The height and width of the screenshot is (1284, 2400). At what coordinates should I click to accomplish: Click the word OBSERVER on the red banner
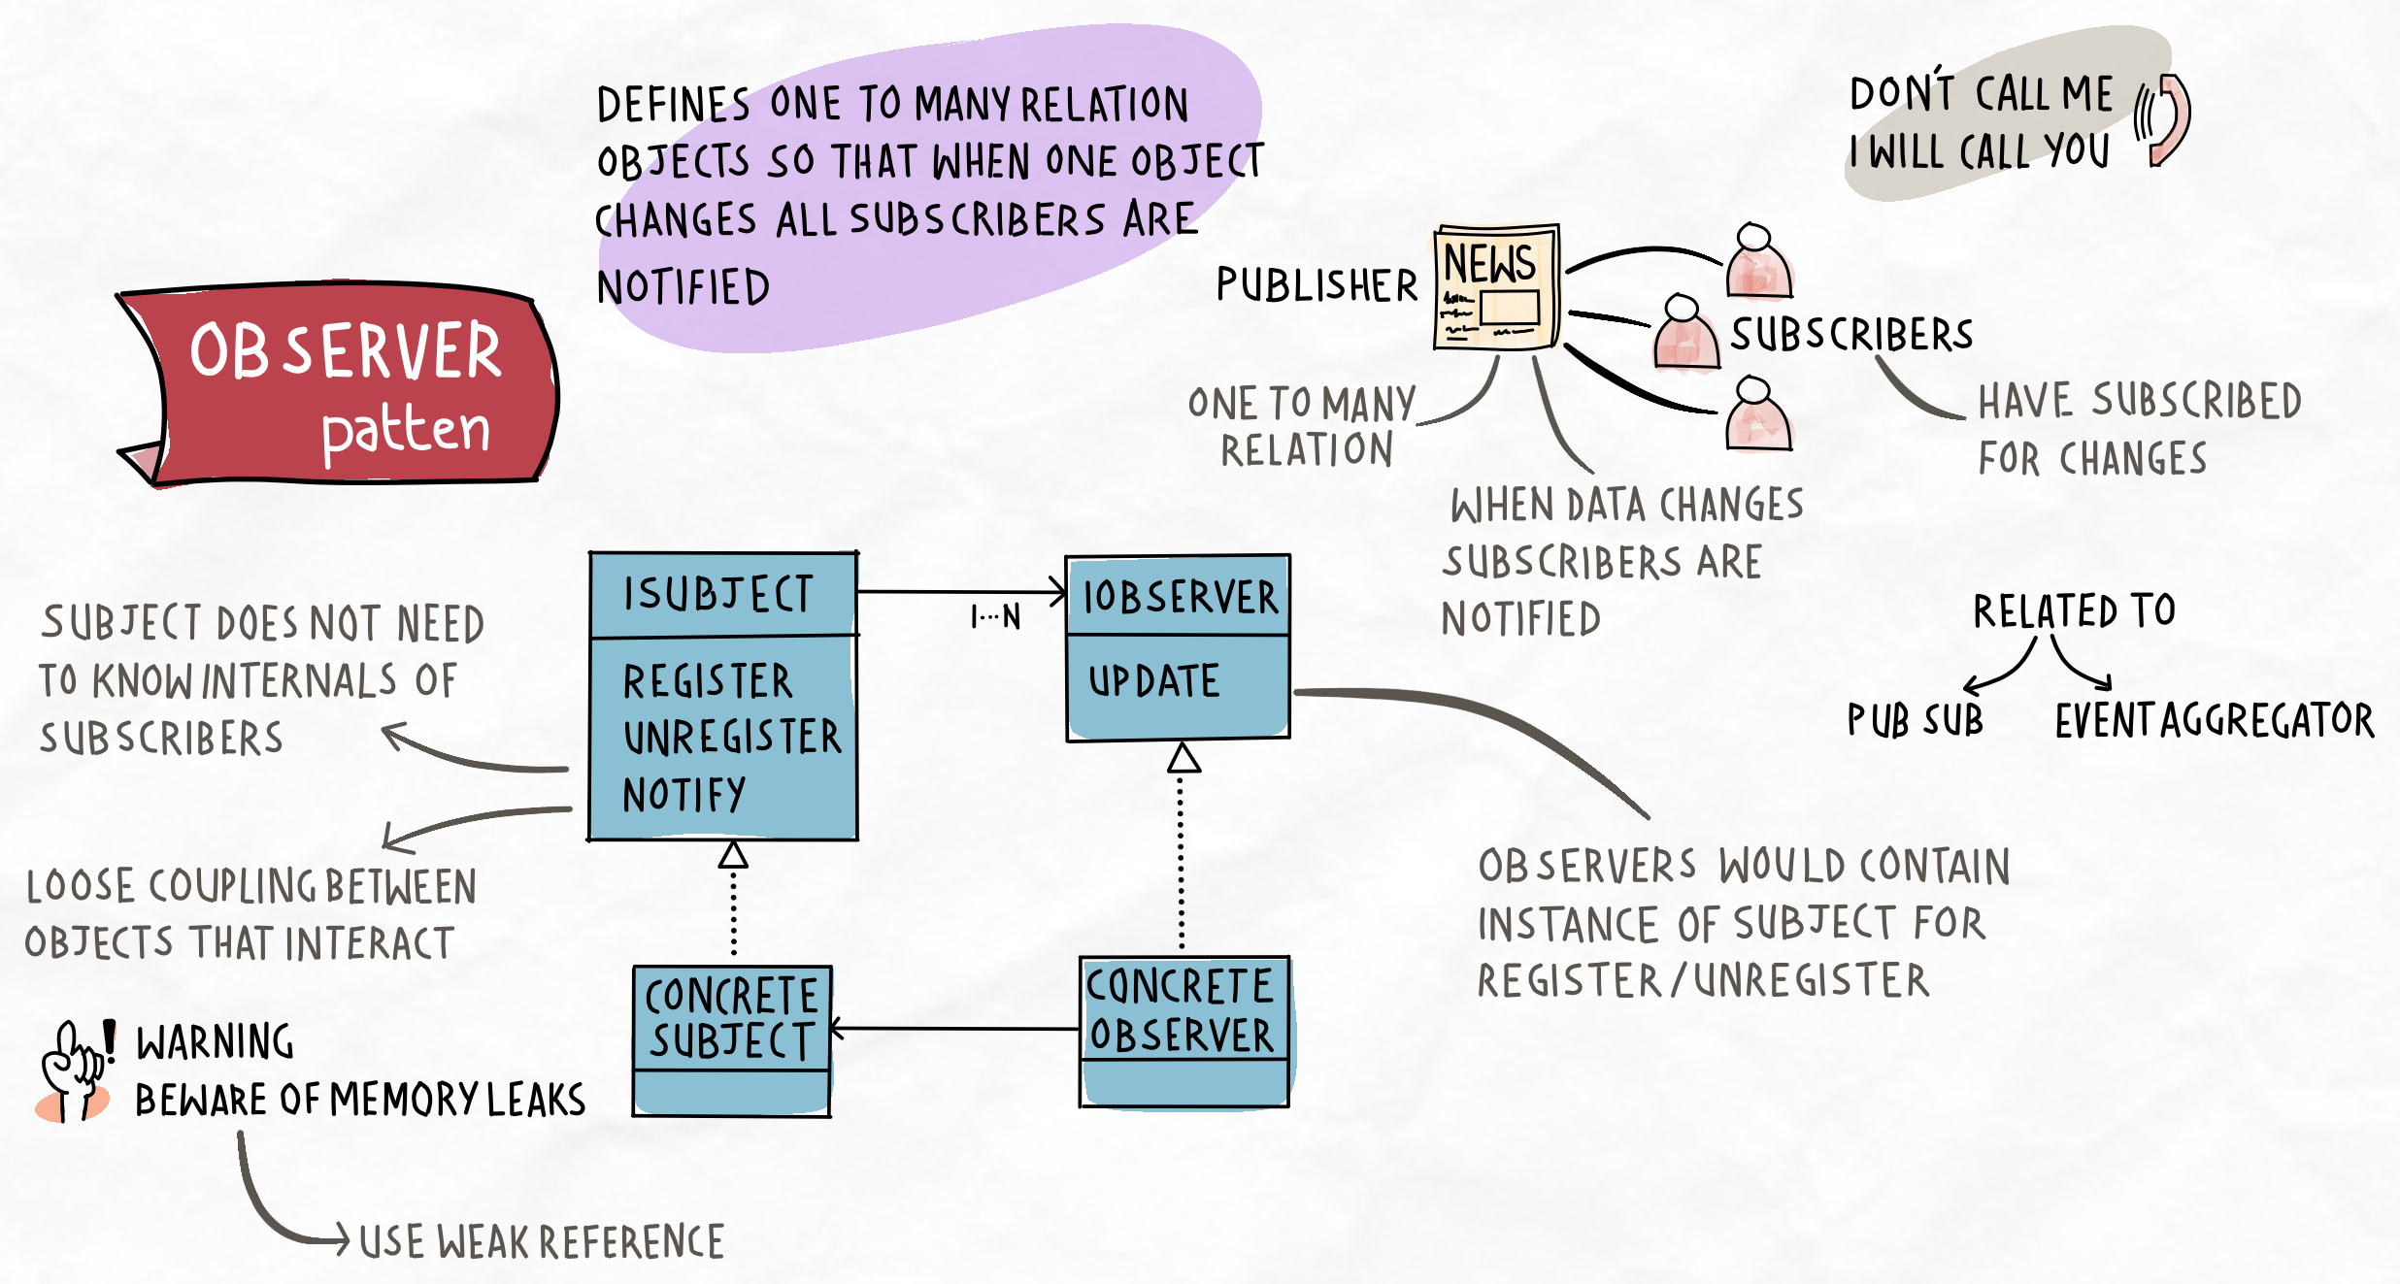pos(346,351)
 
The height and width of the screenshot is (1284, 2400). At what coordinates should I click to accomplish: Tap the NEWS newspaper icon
pos(1496,287)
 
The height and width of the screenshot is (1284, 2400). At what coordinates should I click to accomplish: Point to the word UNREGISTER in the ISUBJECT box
pos(732,738)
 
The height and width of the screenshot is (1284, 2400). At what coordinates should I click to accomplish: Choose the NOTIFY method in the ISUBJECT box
pos(684,795)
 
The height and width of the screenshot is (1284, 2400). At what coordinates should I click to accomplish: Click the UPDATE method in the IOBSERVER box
pos(1153,681)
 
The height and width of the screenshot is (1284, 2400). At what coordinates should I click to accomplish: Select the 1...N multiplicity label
pos(996,617)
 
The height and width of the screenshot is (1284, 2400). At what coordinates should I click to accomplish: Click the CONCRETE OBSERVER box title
pos(1181,1010)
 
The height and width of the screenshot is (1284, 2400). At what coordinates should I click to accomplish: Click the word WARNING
pos(215,1042)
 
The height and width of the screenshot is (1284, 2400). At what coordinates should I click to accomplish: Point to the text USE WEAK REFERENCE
pos(542,1242)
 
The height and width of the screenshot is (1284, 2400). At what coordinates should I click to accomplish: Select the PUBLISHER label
pos(1317,285)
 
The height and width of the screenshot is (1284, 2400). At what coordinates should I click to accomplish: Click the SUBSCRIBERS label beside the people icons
pos(1851,335)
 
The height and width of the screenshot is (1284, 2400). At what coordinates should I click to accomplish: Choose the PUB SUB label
pos(1915,720)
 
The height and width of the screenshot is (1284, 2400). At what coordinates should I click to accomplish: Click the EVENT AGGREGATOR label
pos(2214,720)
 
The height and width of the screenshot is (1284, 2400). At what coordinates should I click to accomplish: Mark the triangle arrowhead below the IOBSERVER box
pos(1183,758)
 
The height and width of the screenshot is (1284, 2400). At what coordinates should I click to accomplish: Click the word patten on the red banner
pos(406,430)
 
